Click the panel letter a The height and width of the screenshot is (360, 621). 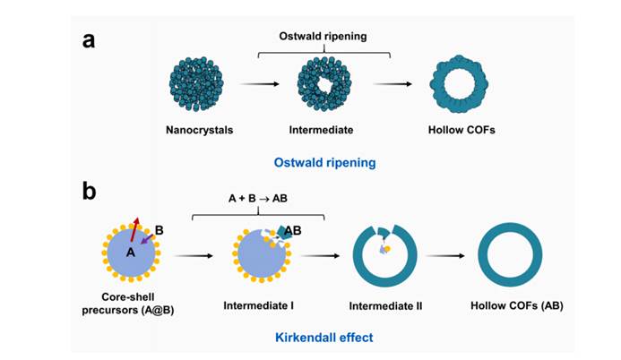point(90,40)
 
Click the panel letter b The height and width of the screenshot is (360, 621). point(90,191)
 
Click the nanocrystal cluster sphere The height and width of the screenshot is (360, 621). point(200,84)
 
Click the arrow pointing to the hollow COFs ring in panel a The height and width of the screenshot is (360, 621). point(392,84)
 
